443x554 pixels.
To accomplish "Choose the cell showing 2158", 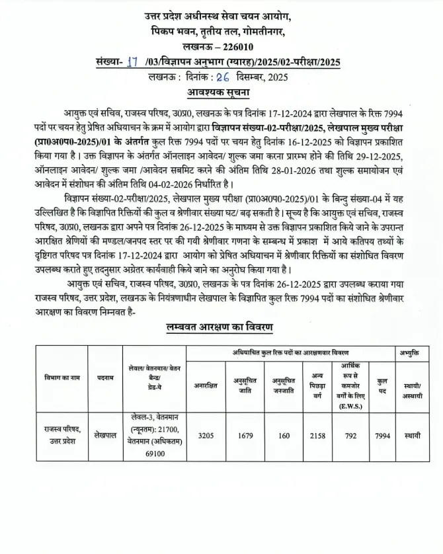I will (x=317, y=436).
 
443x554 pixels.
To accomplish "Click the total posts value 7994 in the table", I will (x=382, y=436).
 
